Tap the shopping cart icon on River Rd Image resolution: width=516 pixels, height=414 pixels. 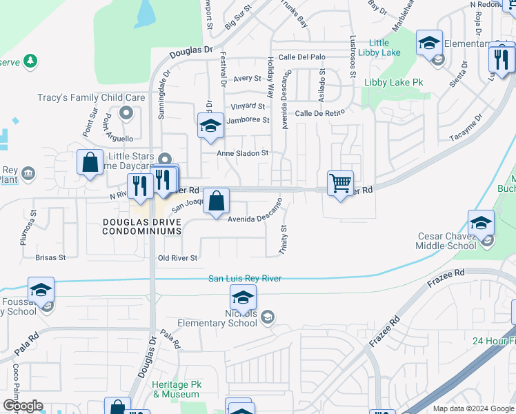340,184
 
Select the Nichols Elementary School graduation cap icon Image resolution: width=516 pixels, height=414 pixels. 243,299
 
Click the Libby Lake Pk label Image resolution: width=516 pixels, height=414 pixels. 393,83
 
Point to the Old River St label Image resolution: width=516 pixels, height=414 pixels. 177,258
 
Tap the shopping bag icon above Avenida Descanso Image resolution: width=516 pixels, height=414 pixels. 216,201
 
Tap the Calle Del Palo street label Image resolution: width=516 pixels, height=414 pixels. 301,57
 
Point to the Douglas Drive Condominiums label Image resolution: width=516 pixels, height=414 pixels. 142,227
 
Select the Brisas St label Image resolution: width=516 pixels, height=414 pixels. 50,257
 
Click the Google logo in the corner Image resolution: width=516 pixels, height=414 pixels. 23,406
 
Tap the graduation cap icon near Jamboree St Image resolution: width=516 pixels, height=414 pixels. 210,126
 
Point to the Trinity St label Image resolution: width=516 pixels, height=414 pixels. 284,239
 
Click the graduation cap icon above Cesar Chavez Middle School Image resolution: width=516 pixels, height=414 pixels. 481,223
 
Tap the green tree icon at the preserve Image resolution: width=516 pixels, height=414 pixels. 30,61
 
